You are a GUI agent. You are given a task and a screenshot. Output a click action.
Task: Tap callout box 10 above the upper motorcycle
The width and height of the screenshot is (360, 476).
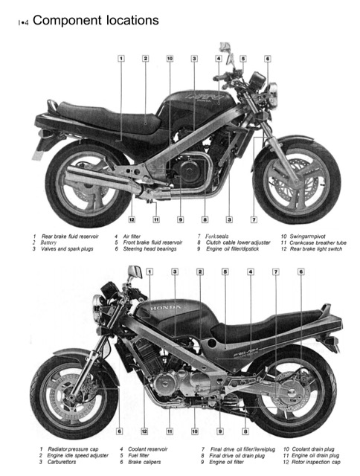coord(170,58)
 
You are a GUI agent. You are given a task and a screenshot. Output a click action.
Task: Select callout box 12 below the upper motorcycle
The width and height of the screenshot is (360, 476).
coord(132,219)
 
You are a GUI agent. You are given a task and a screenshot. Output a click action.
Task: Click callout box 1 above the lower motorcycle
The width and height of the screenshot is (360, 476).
coord(149,272)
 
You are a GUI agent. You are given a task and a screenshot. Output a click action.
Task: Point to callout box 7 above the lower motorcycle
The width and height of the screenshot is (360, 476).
coord(276,272)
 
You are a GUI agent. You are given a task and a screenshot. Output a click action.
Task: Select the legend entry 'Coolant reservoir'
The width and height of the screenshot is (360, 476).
coord(153,449)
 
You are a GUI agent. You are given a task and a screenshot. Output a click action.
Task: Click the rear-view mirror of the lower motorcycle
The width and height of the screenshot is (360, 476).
coord(134,273)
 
